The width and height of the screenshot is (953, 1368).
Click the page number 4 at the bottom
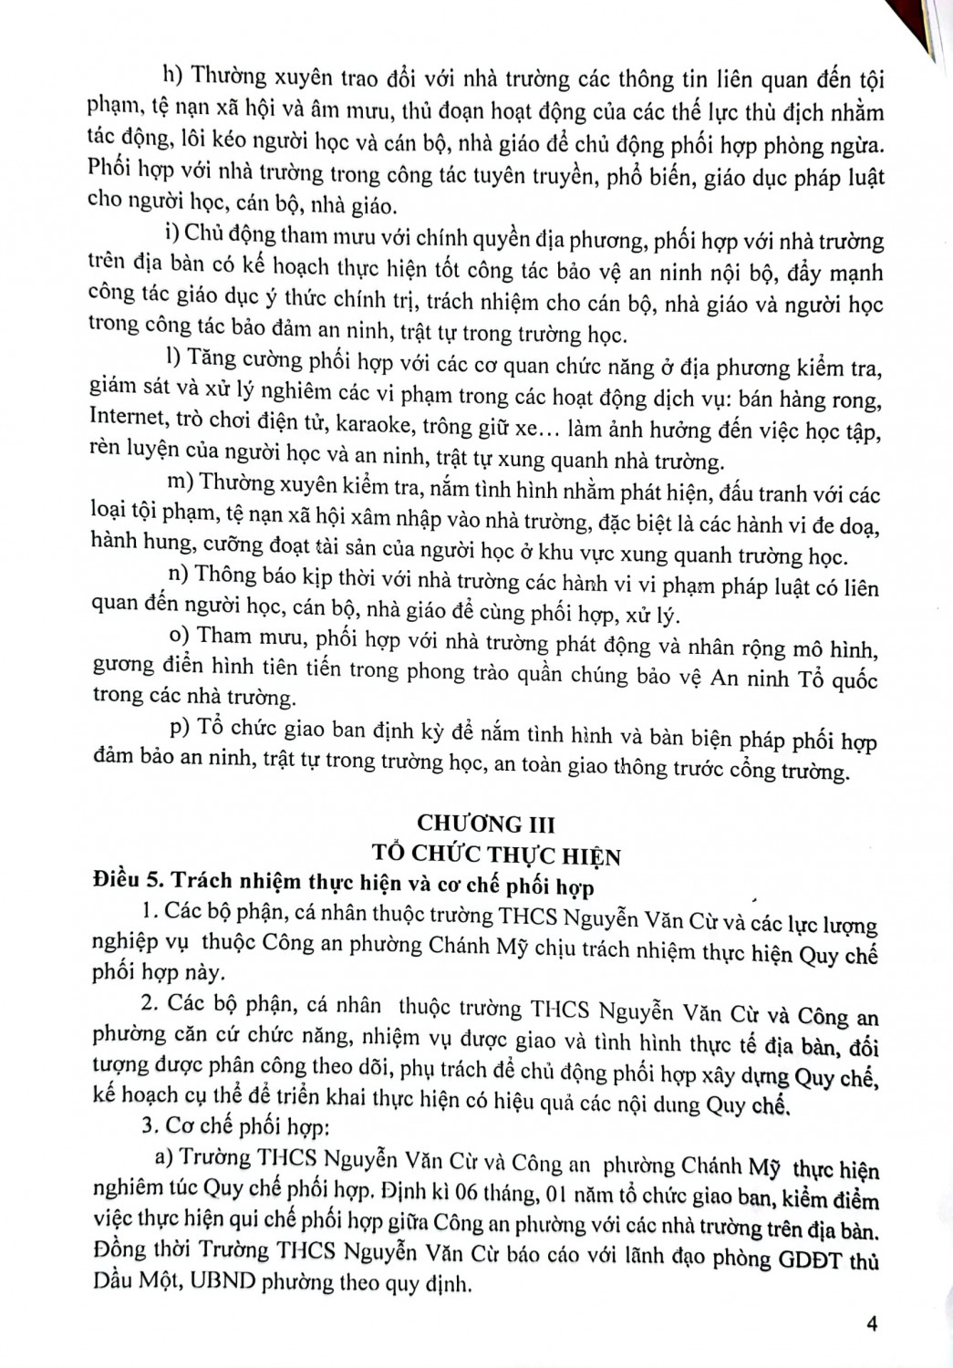pyautogui.click(x=872, y=1323)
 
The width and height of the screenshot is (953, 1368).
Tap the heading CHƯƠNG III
pyautogui.click(x=485, y=823)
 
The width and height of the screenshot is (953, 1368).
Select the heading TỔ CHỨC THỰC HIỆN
pyautogui.click(x=497, y=855)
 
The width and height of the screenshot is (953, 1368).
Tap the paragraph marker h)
pyautogui.click(x=173, y=76)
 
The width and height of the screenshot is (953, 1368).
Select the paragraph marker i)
pyautogui.click(x=170, y=234)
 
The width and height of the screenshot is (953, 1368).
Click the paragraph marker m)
pyautogui.click(x=179, y=481)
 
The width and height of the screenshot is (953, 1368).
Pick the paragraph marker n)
pyautogui.click(x=178, y=572)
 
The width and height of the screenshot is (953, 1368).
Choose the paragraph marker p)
pyautogui.click(x=180, y=727)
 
